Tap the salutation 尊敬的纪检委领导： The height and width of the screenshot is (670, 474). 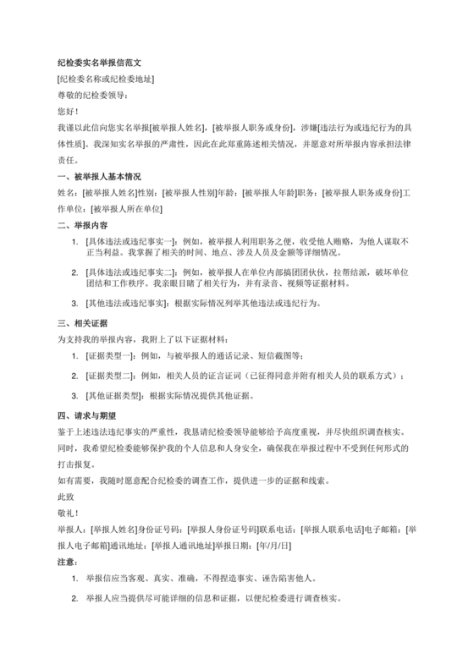click(x=94, y=95)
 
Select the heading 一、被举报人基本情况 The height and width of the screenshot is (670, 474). click(x=99, y=178)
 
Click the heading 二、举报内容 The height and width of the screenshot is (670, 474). click(x=82, y=226)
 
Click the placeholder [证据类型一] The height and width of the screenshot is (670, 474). click(x=111, y=354)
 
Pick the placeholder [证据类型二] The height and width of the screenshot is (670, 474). click(x=111, y=375)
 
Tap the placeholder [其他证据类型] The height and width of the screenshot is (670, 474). click(x=114, y=395)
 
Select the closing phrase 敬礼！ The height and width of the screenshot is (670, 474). click(x=68, y=513)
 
